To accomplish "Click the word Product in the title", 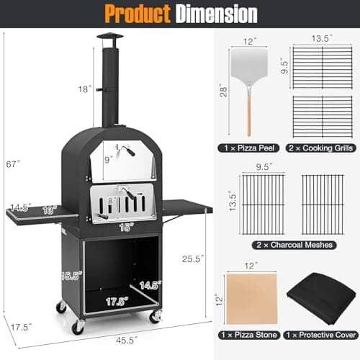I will [x=137, y=14].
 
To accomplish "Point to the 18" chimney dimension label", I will [x=86, y=90].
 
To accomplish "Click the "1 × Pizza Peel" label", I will [x=249, y=148].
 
